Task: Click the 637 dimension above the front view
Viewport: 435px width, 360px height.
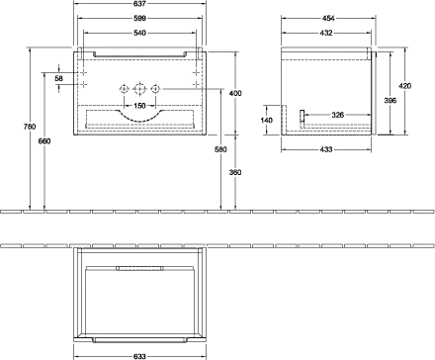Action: pyautogui.click(x=144, y=5)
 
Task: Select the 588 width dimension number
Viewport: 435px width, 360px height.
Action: pyautogui.click(x=144, y=19)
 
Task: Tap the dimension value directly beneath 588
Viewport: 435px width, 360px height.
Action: pyautogui.click(x=144, y=34)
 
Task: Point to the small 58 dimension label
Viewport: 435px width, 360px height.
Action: pyautogui.click(x=59, y=79)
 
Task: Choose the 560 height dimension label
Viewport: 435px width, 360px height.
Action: pyautogui.click(x=45, y=140)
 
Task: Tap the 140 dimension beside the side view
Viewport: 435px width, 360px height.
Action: pyautogui.click(x=266, y=120)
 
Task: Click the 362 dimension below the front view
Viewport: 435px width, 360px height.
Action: pyautogui.click(x=234, y=172)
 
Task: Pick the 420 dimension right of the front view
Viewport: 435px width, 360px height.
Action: pyautogui.click(x=234, y=93)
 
